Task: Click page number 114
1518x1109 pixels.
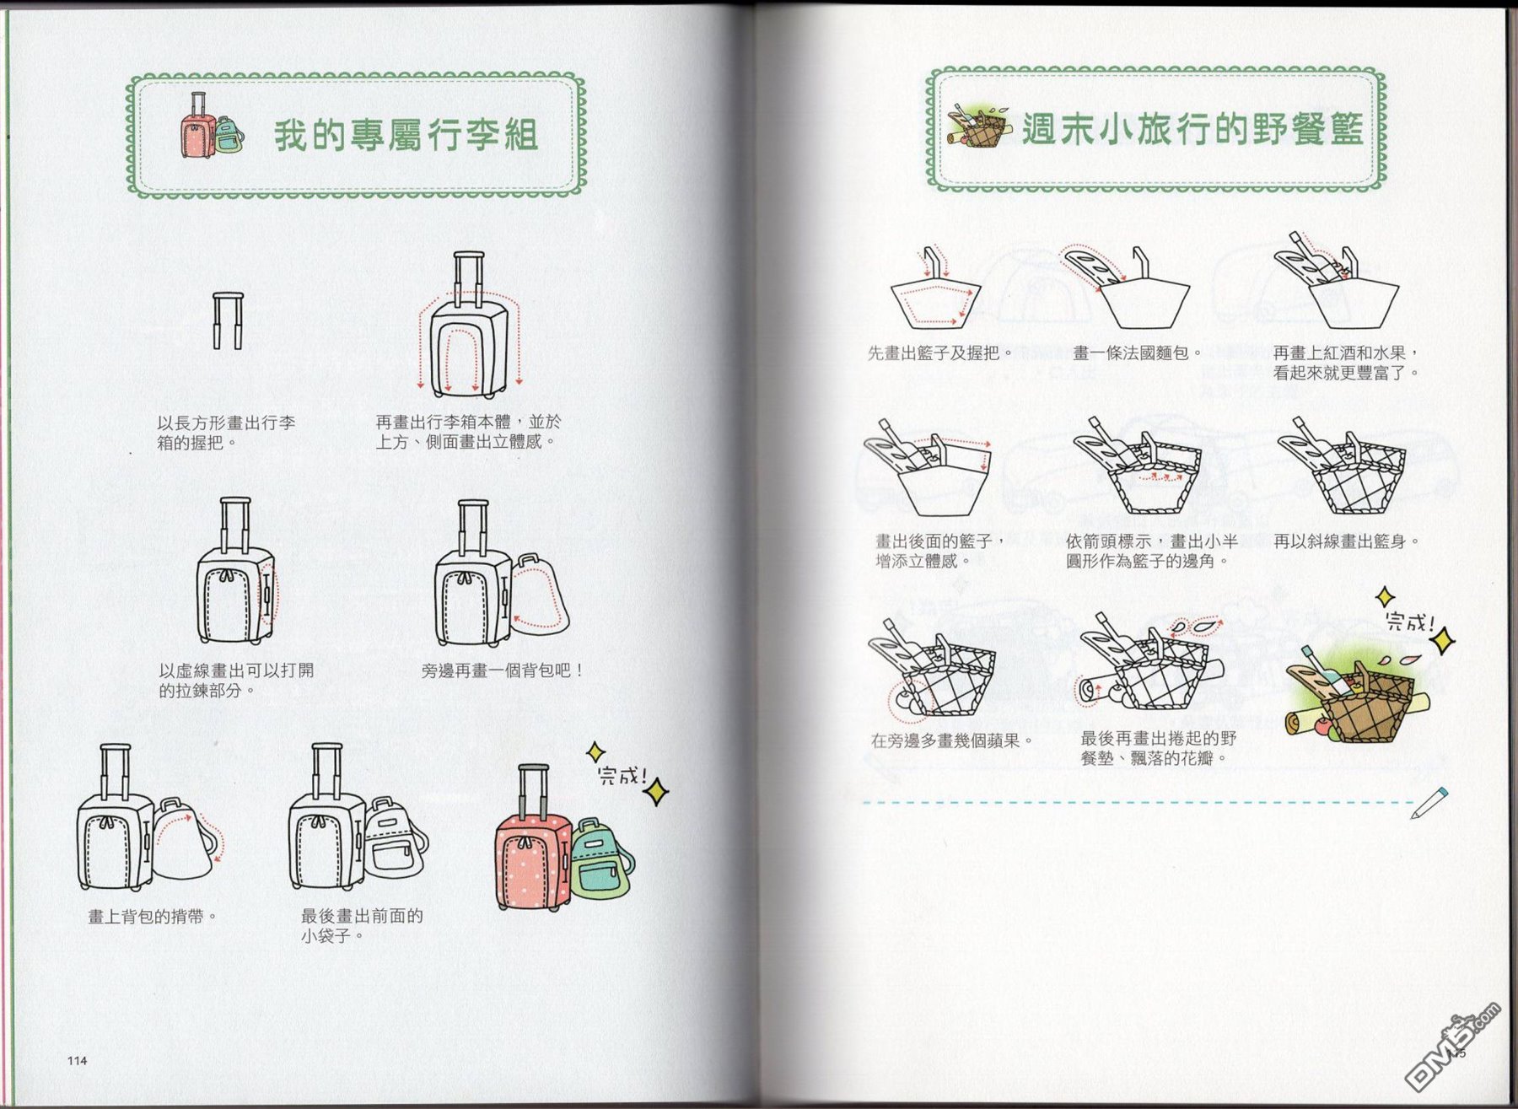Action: (x=77, y=1060)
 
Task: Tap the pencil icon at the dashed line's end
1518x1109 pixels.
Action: (x=1429, y=803)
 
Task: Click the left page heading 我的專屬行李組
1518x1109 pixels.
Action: (x=406, y=135)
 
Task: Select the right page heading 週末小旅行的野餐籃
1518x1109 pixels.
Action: (x=1192, y=128)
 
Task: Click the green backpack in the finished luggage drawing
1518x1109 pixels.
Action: (x=602, y=859)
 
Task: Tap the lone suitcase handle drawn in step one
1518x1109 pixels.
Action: (x=228, y=320)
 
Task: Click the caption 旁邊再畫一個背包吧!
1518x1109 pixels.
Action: (x=503, y=670)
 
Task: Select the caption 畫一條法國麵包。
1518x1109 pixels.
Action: (x=1138, y=353)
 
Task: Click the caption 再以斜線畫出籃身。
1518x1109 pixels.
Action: (x=1347, y=541)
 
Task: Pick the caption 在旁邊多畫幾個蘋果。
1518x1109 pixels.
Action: (x=952, y=740)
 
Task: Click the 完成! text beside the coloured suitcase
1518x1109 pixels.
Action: (x=622, y=775)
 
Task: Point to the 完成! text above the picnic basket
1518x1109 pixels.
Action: (x=1410, y=622)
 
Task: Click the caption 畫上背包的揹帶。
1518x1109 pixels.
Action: (x=153, y=916)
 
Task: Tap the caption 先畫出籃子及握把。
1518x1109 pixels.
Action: (x=940, y=353)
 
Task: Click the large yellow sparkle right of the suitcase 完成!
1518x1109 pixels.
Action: (x=658, y=792)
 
